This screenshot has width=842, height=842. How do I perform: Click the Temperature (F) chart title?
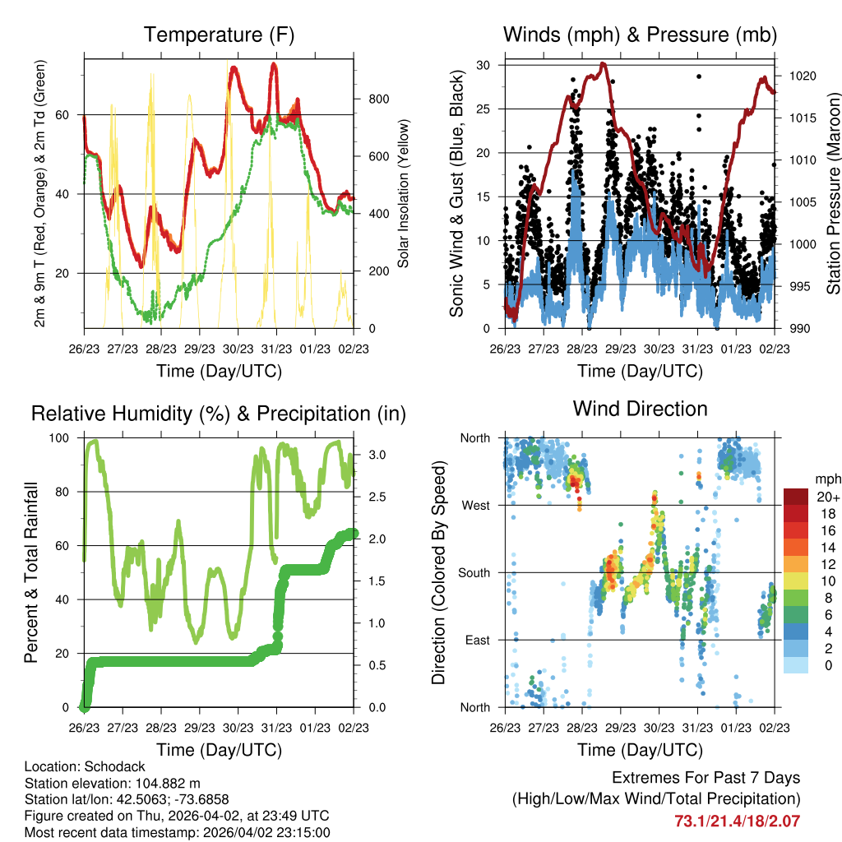(x=219, y=35)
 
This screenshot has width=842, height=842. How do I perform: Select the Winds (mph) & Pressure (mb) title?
(x=640, y=35)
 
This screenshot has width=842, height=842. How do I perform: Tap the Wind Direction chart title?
(x=640, y=409)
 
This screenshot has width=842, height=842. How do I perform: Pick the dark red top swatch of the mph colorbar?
(x=795, y=497)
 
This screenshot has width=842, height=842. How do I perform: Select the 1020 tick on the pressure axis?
(x=800, y=76)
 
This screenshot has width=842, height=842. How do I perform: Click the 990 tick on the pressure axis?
(x=798, y=329)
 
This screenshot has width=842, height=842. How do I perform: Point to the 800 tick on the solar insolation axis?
(x=378, y=99)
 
